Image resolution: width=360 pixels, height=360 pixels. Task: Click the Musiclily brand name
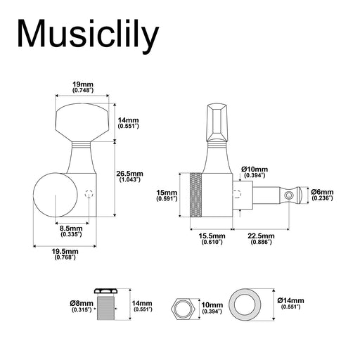point(88,36)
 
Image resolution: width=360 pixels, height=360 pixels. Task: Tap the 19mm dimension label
point(83,84)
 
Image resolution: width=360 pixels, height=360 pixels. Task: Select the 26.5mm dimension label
point(129,174)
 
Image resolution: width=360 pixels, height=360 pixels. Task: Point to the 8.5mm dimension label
point(71,229)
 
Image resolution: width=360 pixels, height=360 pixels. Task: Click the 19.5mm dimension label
point(65,252)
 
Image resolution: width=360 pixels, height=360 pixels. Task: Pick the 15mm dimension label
point(167,193)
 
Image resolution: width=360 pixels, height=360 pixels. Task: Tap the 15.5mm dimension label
point(212,236)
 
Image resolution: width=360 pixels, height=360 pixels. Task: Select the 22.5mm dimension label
point(261,236)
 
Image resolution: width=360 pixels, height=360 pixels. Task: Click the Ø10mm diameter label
point(255,169)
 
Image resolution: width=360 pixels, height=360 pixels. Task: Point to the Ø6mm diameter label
point(322,192)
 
